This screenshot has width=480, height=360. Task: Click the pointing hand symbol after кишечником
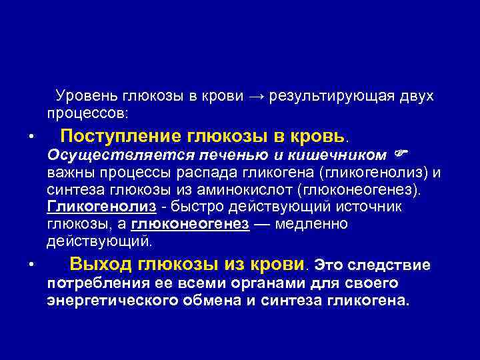pos(400,155)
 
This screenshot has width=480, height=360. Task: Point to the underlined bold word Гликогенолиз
pos(102,207)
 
